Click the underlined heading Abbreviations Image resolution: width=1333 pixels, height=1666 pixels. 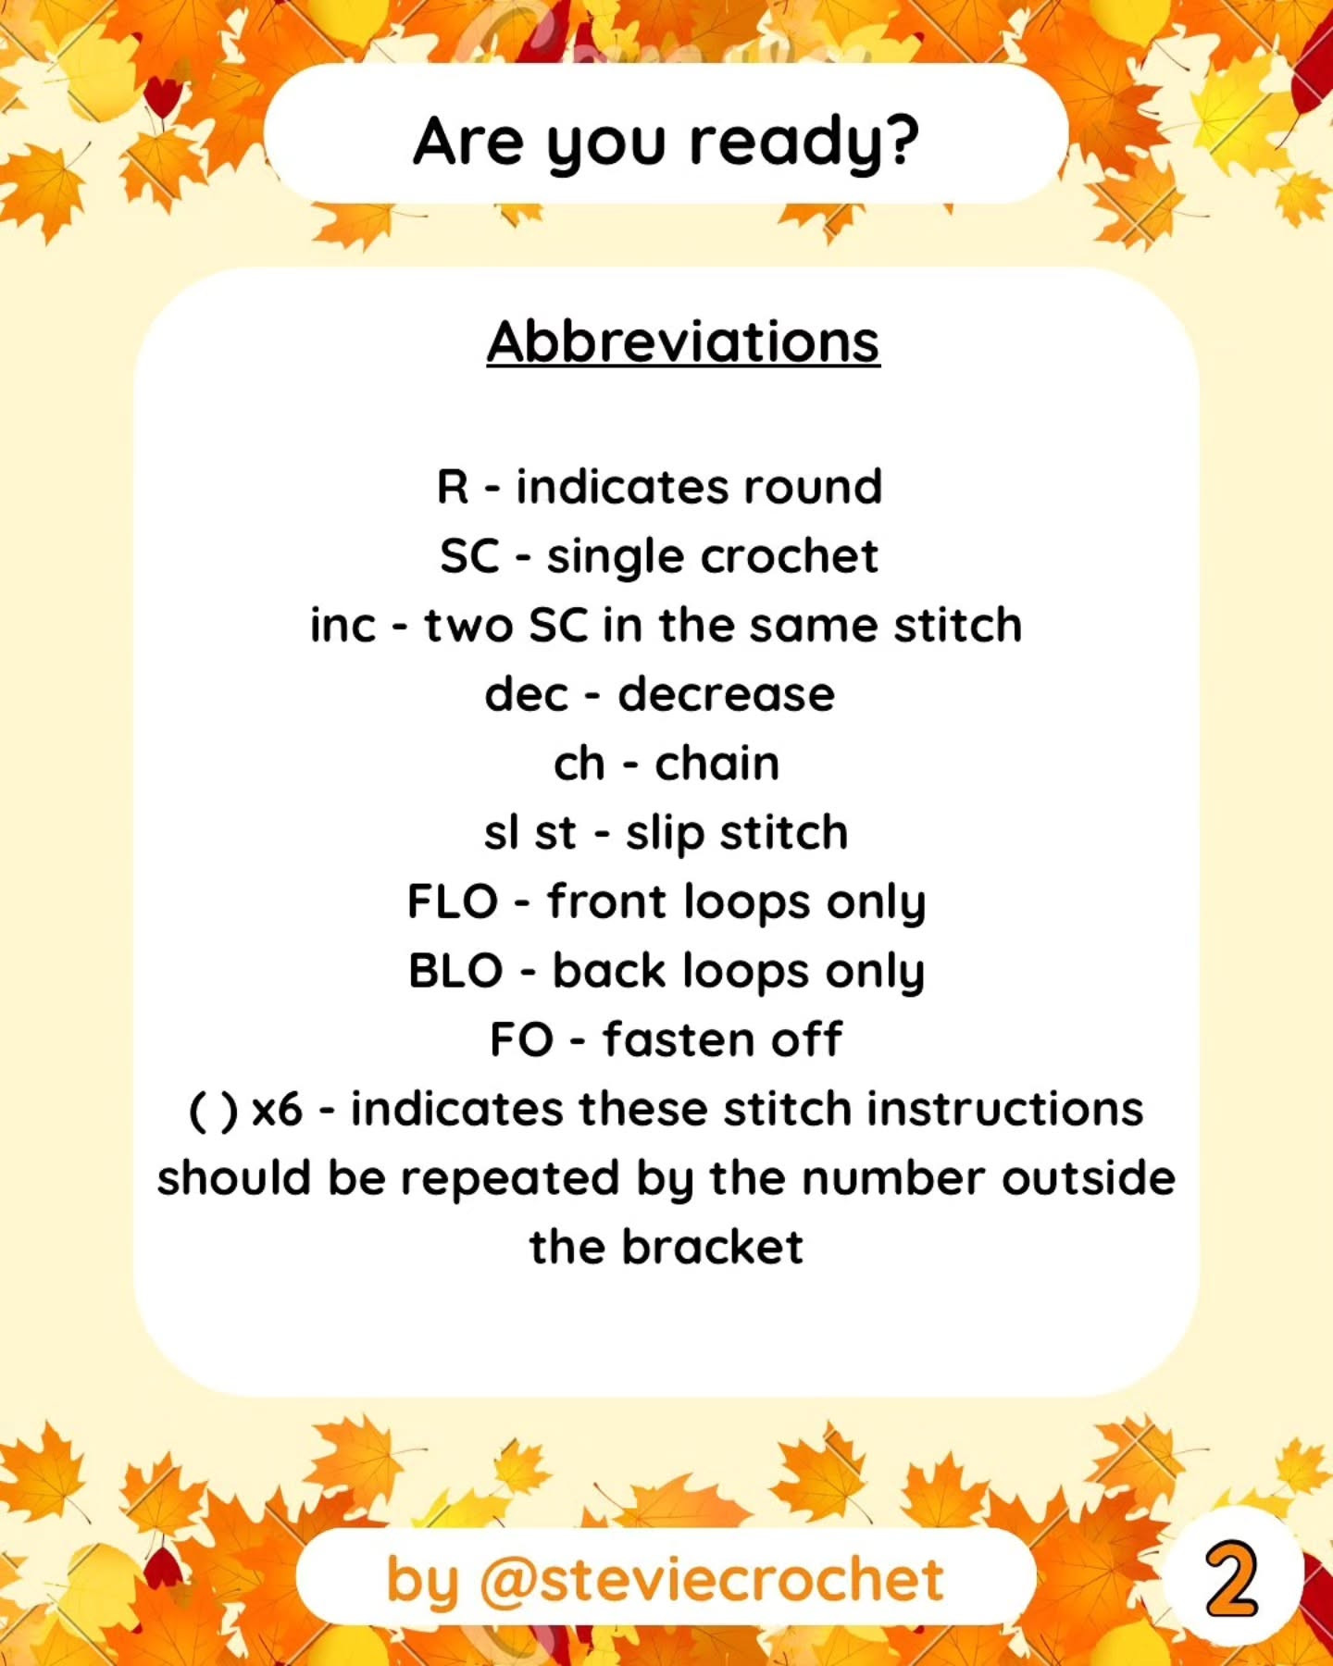click(x=683, y=342)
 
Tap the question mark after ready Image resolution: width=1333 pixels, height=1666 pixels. click(x=902, y=140)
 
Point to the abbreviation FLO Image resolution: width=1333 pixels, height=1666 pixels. click(x=453, y=901)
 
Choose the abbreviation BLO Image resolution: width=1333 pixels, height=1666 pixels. click(x=455, y=971)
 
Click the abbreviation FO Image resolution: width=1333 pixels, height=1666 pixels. click(x=521, y=1039)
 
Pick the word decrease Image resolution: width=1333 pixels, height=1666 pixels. click(x=726, y=694)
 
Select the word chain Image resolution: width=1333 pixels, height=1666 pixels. click(x=716, y=763)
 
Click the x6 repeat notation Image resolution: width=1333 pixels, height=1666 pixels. click(x=277, y=1110)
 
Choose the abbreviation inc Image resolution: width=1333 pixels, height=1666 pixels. click(x=343, y=625)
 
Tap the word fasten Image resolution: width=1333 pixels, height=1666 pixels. click(x=679, y=1039)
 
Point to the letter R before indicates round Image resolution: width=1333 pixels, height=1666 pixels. click(x=453, y=487)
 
